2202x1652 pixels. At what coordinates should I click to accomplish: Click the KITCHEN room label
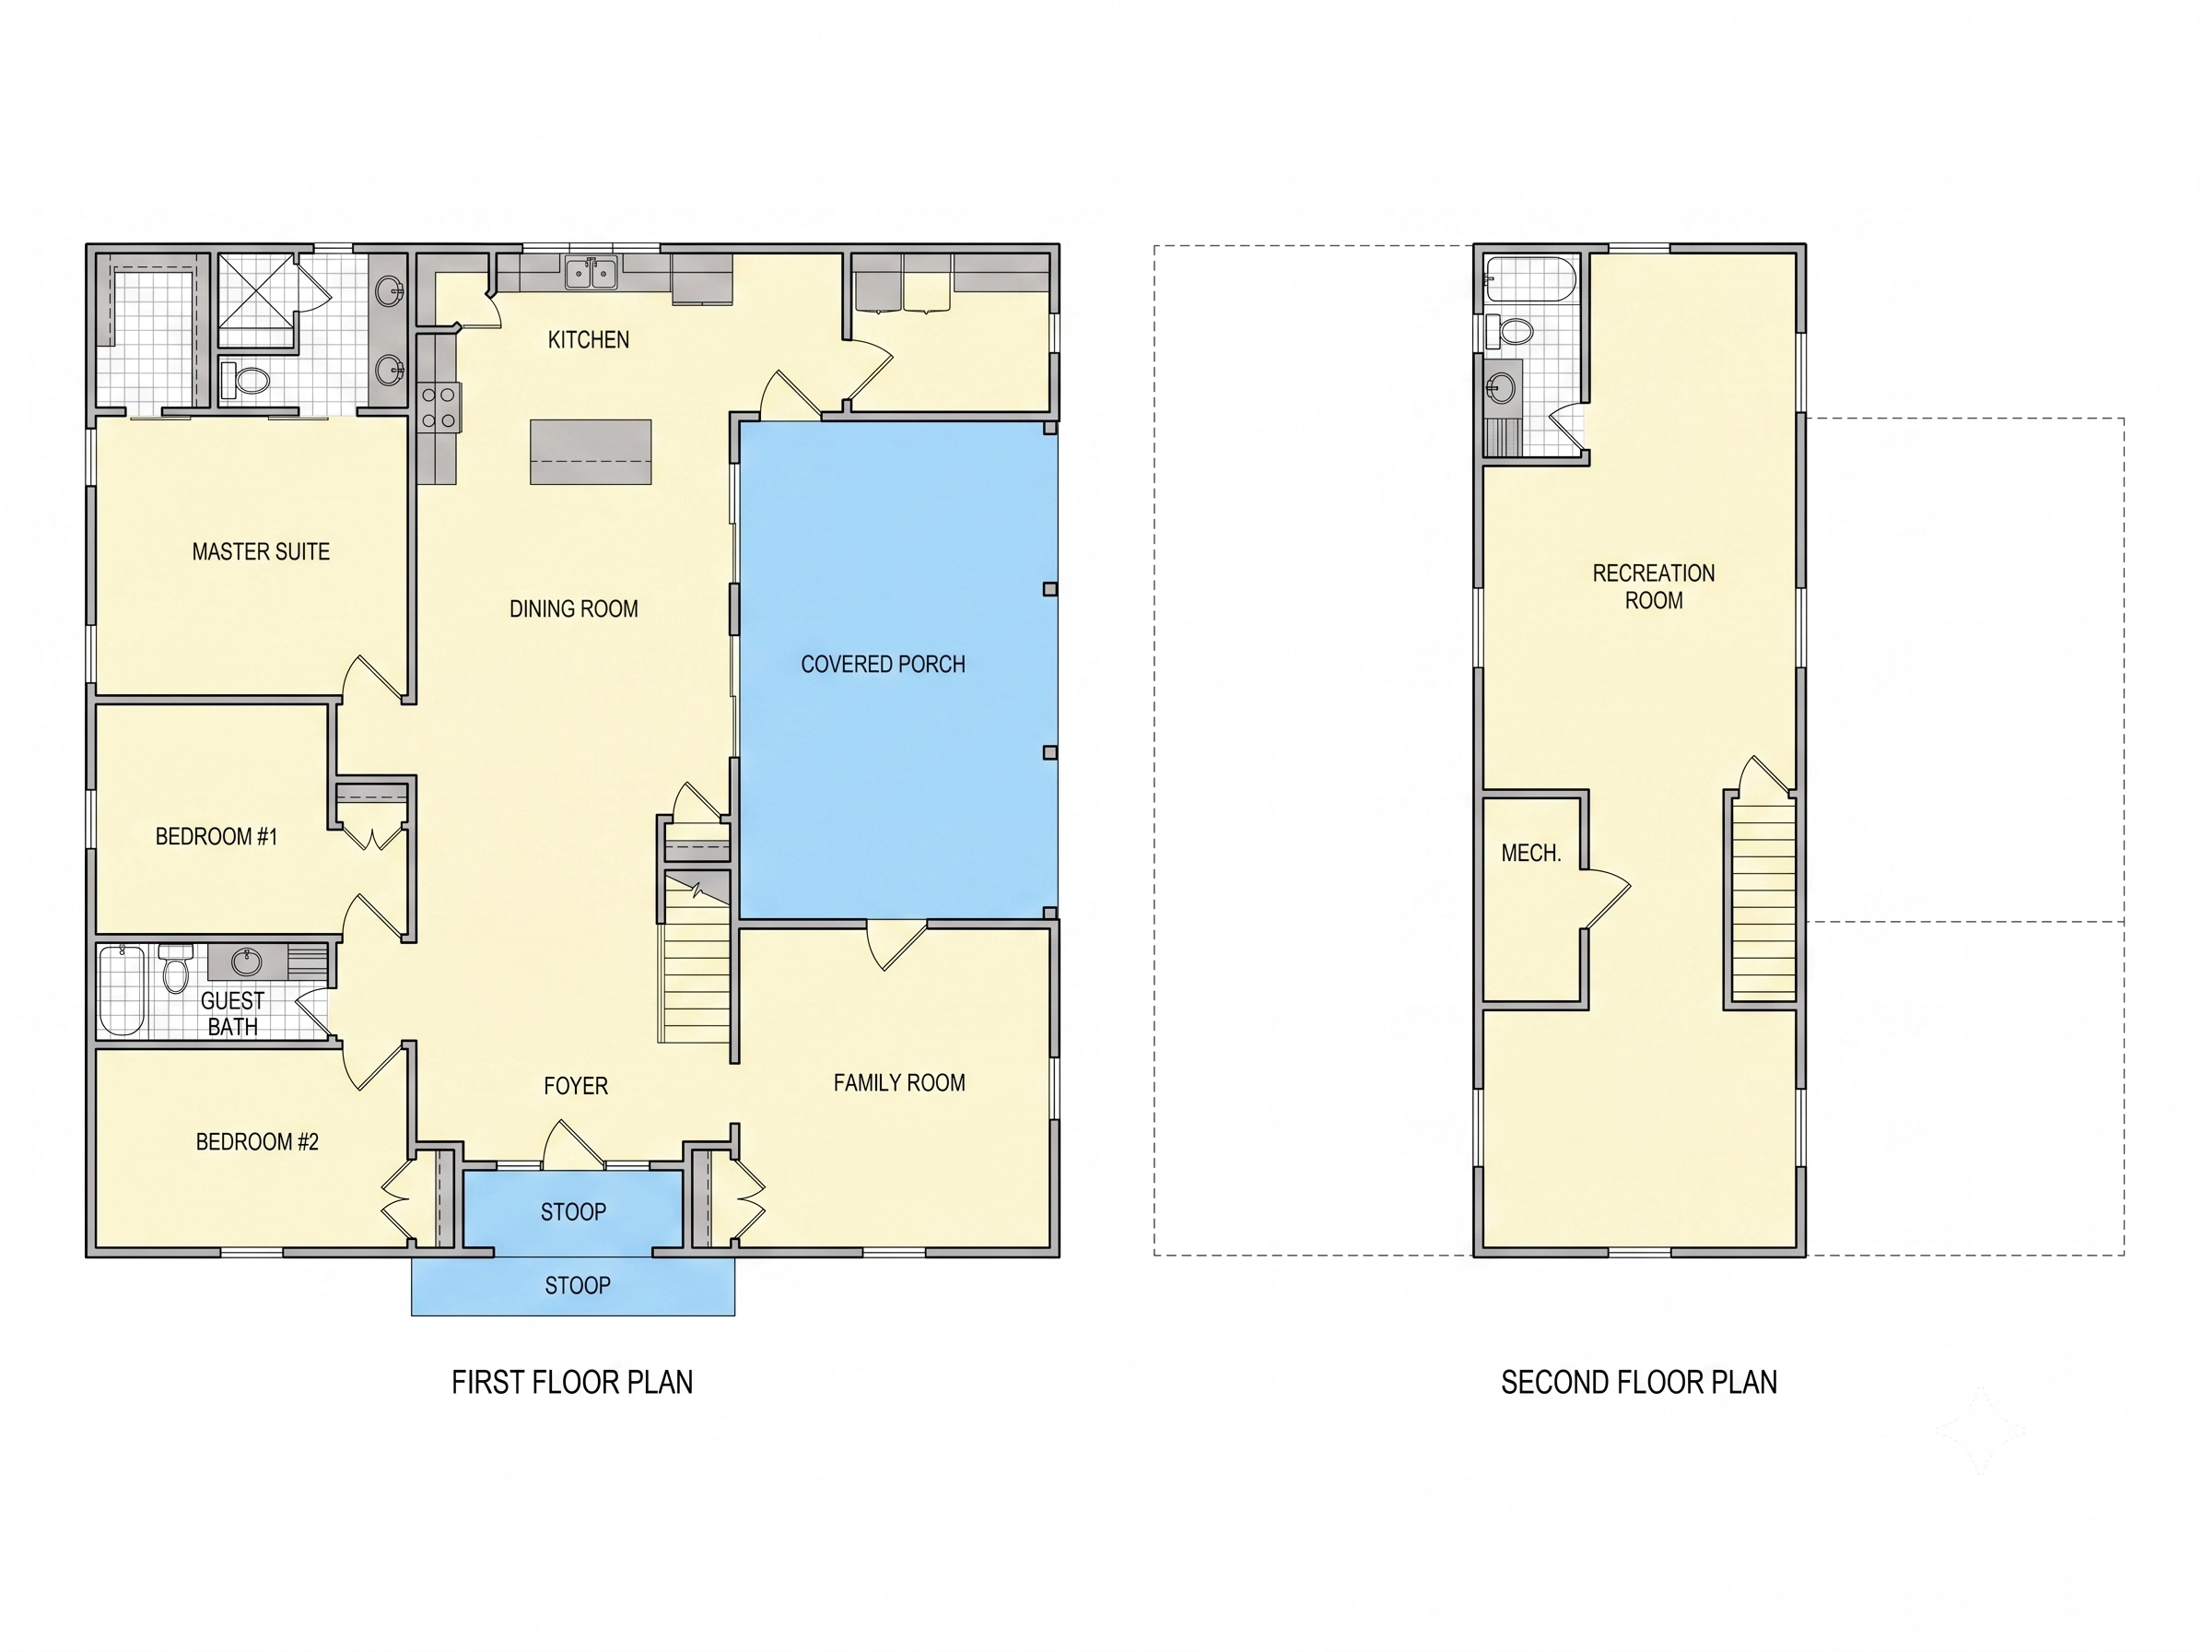pos(589,339)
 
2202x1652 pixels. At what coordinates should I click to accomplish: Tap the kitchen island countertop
pos(591,452)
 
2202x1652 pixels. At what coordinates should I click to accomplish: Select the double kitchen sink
pos(591,272)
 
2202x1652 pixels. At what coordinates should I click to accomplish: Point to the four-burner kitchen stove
pos(438,408)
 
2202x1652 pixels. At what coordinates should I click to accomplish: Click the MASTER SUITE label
pos(261,551)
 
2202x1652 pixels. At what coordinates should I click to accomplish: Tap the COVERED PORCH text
pos(883,664)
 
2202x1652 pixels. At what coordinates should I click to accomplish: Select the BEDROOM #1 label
pos(216,836)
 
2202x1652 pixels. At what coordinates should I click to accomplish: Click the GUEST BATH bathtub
pos(123,991)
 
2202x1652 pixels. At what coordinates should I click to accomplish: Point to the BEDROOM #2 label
pos(257,1142)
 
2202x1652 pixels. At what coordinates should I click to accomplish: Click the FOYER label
pos(576,1086)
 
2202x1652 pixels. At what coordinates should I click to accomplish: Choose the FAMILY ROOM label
pos(899,1083)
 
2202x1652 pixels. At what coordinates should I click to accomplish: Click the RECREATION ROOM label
pos(1654,586)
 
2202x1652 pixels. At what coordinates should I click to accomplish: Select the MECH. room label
pos(1531,854)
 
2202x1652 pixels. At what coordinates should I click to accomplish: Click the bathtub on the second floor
pos(1530,278)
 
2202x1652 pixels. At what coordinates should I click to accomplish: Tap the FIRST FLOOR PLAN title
pos(572,1382)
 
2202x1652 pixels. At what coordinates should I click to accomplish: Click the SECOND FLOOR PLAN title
pos(1638,1382)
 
